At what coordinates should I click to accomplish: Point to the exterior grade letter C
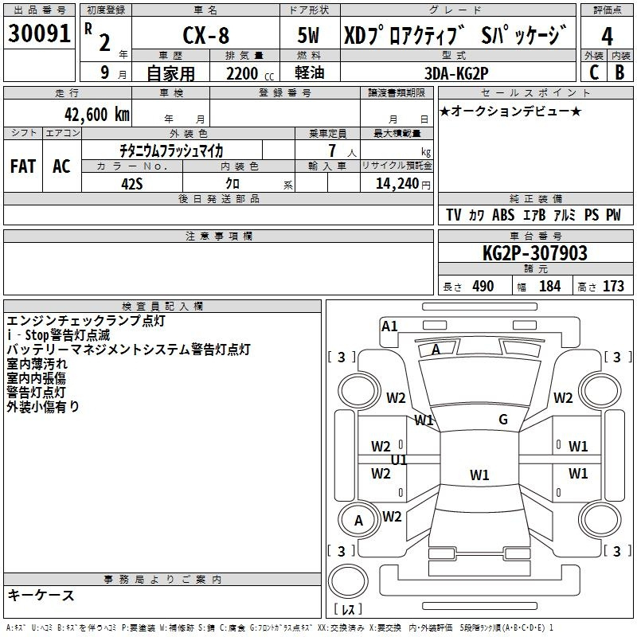[593, 72]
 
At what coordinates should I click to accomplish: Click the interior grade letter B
[619, 72]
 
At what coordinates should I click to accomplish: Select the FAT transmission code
[23, 166]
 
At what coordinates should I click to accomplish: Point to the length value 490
[483, 286]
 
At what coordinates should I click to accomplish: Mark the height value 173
[613, 286]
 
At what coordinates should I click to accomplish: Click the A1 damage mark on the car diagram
[389, 326]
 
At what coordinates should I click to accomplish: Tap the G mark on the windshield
[503, 420]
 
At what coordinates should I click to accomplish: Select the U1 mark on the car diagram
[399, 460]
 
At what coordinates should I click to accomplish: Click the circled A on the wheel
[358, 521]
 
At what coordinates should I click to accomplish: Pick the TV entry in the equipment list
[454, 215]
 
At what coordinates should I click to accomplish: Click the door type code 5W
[309, 37]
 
